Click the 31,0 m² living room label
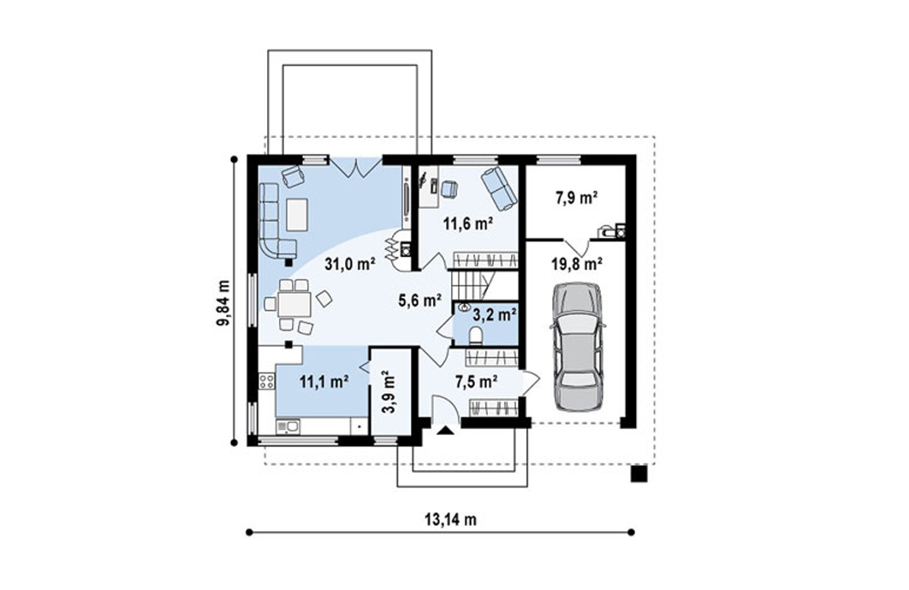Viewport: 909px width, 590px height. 350,265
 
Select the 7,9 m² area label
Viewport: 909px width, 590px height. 577,198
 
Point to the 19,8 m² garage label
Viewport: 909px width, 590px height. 576,265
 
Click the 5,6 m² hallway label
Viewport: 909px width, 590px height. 420,301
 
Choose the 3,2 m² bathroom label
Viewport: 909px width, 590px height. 495,315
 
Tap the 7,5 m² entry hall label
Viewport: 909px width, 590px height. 477,382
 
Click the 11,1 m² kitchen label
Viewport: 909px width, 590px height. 324,382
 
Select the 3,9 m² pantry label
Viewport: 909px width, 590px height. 389,391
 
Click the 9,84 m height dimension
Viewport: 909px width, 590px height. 223,304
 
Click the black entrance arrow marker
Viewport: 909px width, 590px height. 445,431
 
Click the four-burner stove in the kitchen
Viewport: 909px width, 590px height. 267,381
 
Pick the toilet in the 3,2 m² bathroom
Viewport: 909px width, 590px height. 475,336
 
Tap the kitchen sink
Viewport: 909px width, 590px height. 288,427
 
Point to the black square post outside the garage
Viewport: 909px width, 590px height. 639,474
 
